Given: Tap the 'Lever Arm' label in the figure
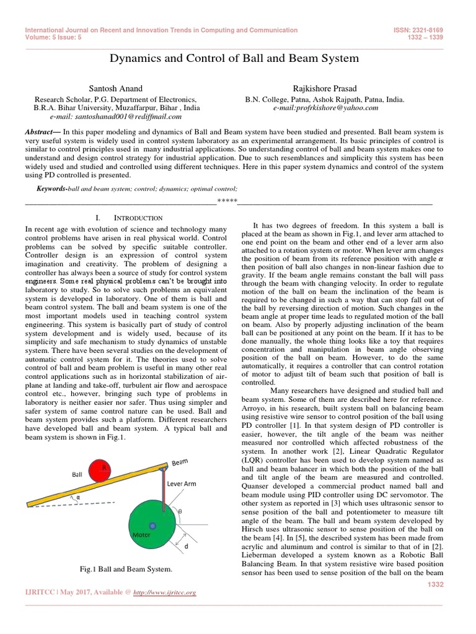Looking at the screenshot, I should pos(182,484).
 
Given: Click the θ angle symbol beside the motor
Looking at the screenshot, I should pos(180,512).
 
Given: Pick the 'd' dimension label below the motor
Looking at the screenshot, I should pos(186,546).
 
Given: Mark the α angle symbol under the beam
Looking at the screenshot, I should pos(78,497).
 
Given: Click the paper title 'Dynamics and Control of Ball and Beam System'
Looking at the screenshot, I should pos(234,58).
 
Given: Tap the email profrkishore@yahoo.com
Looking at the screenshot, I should pos(325,107).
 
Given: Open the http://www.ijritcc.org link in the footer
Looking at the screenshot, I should pos(165,593).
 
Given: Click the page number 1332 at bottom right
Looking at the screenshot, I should pos(436,584).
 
